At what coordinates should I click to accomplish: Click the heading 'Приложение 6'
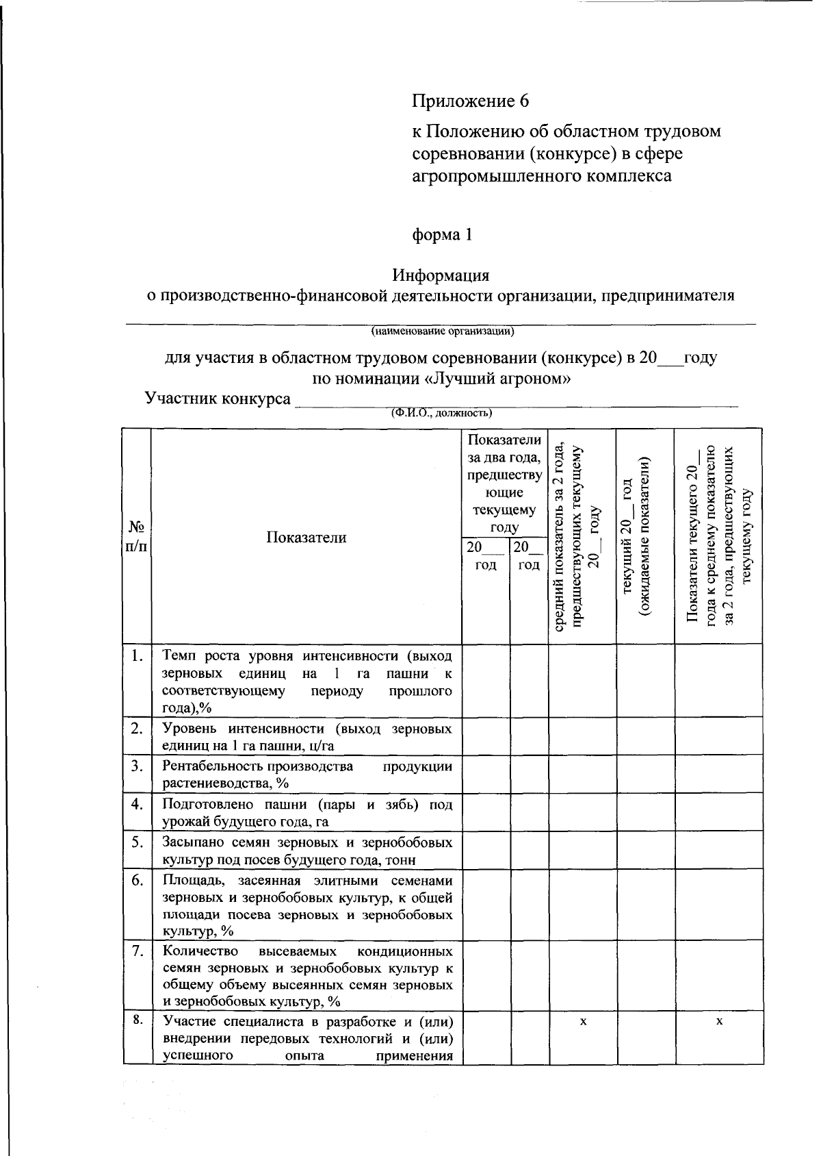[470, 101]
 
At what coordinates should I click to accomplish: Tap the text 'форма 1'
[441, 234]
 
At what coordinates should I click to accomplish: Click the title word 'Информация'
[441, 275]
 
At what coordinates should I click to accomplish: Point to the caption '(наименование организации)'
[442, 332]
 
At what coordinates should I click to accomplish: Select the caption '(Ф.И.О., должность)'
[441, 413]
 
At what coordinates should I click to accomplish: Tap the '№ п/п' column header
[137, 536]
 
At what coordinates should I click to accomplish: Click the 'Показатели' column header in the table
[306, 537]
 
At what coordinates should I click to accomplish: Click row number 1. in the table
[137, 655]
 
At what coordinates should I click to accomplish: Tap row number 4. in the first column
[137, 803]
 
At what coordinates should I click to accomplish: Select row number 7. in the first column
[137, 951]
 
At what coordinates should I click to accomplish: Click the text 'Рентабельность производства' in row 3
[258, 766]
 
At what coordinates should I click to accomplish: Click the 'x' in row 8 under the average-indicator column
[582, 1021]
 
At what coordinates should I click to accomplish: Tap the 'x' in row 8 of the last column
[718, 1021]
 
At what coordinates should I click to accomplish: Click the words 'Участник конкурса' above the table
[218, 399]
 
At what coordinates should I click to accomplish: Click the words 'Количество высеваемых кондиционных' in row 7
[307, 951]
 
